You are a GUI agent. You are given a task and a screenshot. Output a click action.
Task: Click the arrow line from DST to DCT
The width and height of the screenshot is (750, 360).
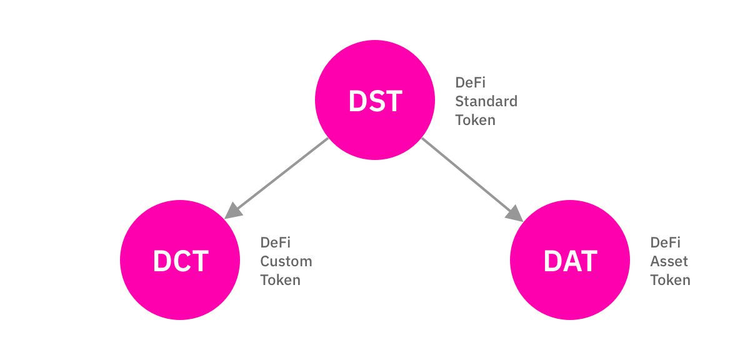point(281,174)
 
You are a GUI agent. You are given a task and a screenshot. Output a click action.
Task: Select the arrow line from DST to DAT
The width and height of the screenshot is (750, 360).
point(469,175)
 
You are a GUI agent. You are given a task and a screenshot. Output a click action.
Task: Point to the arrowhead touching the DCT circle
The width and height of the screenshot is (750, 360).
point(232,211)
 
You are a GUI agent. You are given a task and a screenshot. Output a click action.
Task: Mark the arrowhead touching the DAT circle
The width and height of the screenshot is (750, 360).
point(516,212)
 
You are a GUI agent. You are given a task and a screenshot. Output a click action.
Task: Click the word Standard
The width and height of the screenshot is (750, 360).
point(486,101)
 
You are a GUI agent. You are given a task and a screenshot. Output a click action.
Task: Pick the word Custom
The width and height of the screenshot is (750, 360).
point(286,261)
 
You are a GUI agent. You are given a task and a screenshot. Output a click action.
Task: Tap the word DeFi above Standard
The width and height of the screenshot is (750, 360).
point(470,82)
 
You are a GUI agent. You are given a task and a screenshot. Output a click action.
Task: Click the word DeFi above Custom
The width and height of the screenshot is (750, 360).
point(276,242)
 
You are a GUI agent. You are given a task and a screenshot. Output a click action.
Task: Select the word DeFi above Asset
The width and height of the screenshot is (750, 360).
point(665,242)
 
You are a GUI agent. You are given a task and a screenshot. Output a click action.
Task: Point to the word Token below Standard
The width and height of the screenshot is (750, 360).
point(475,120)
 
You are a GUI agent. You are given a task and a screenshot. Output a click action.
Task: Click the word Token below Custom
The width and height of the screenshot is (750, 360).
point(280,280)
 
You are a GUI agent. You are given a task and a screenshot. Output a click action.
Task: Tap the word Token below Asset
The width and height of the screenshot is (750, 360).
point(670,280)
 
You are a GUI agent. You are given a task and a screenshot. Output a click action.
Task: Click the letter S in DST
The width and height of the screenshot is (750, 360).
point(375,101)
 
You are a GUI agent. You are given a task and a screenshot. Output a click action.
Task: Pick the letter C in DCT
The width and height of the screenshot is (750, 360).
point(180,261)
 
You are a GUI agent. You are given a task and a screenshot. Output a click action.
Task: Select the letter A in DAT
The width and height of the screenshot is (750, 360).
point(571,261)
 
